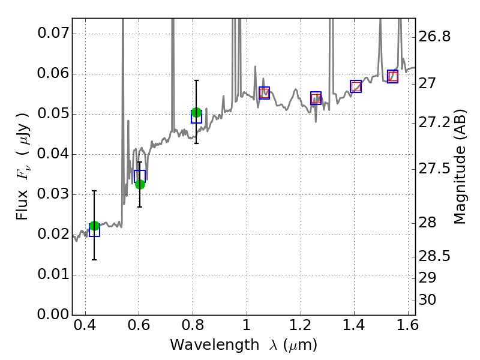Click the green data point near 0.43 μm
(94, 226)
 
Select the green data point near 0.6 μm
(140, 184)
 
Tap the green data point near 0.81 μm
(196, 113)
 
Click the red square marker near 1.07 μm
(264, 93)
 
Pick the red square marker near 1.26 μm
(316, 98)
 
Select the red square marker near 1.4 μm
(356, 86)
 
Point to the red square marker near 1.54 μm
(392, 76)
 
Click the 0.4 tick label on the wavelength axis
(85, 328)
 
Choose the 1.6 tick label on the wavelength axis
(407, 328)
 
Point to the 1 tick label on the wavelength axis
(247, 328)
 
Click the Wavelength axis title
(244, 346)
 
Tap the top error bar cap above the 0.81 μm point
(196, 80)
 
